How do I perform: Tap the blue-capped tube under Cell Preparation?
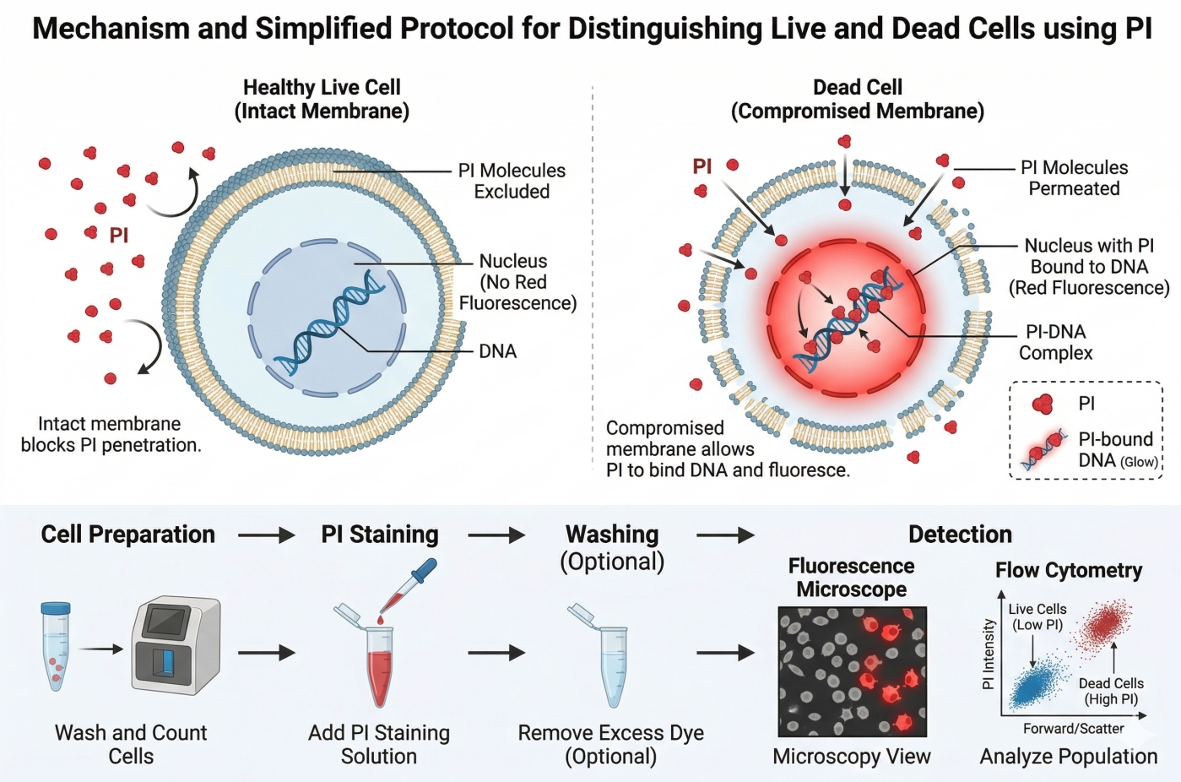[56, 646]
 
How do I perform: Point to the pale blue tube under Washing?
[612, 663]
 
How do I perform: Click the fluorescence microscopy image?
[852, 671]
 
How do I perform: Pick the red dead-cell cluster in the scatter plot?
[1105, 626]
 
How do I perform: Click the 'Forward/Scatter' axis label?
[1073, 728]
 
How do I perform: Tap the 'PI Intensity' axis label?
[989, 654]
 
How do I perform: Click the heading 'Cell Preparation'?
[128, 535]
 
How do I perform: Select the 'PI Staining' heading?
[380, 535]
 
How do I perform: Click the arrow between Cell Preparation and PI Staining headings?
[266, 535]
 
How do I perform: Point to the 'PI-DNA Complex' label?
[1055, 342]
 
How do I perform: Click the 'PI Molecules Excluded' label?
[512, 181]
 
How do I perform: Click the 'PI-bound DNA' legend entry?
[1115, 449]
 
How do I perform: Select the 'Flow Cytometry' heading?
[1068, 571]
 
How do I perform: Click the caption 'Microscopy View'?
[851, 757]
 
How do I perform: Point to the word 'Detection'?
[960, 535]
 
